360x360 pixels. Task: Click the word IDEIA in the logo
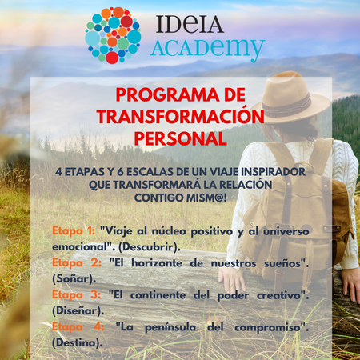point(190,24)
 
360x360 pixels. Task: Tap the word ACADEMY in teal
point(208,49)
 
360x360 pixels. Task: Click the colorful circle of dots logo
point(113,35)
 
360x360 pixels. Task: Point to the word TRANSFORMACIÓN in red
point(181,116)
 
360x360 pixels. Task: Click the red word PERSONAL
point(181,139)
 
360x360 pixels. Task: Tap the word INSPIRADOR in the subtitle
point(273,172)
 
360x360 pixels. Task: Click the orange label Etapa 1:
point(74,231)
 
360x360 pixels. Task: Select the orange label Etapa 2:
point(77,263)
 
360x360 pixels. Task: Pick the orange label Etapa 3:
point(77,295)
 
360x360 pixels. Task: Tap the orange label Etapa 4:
point(78,327)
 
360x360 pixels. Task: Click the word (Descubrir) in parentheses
point(148,247)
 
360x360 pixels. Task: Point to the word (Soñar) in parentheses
point(73,279)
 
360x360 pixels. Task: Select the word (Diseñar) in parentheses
point(77,311)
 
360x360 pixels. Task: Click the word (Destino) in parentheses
point(76,343)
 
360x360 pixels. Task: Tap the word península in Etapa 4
point(170,328)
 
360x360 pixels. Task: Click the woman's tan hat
point(291,98)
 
